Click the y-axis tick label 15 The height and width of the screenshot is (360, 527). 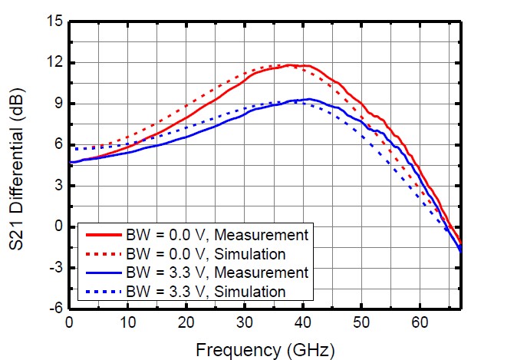pyautogui.click(x=53, y=21)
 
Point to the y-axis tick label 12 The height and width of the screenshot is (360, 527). pyautogui.click(x=53, y=62)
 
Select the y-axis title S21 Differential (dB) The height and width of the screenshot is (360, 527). pyautogui.click(x=19, y=164)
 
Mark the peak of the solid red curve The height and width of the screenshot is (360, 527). pyautogui.click(x=290, y=65)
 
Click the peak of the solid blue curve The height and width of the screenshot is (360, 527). pyautogui.click(x=308, y=99)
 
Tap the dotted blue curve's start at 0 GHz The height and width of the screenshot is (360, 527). pyautogui.click(x=70, y=148)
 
